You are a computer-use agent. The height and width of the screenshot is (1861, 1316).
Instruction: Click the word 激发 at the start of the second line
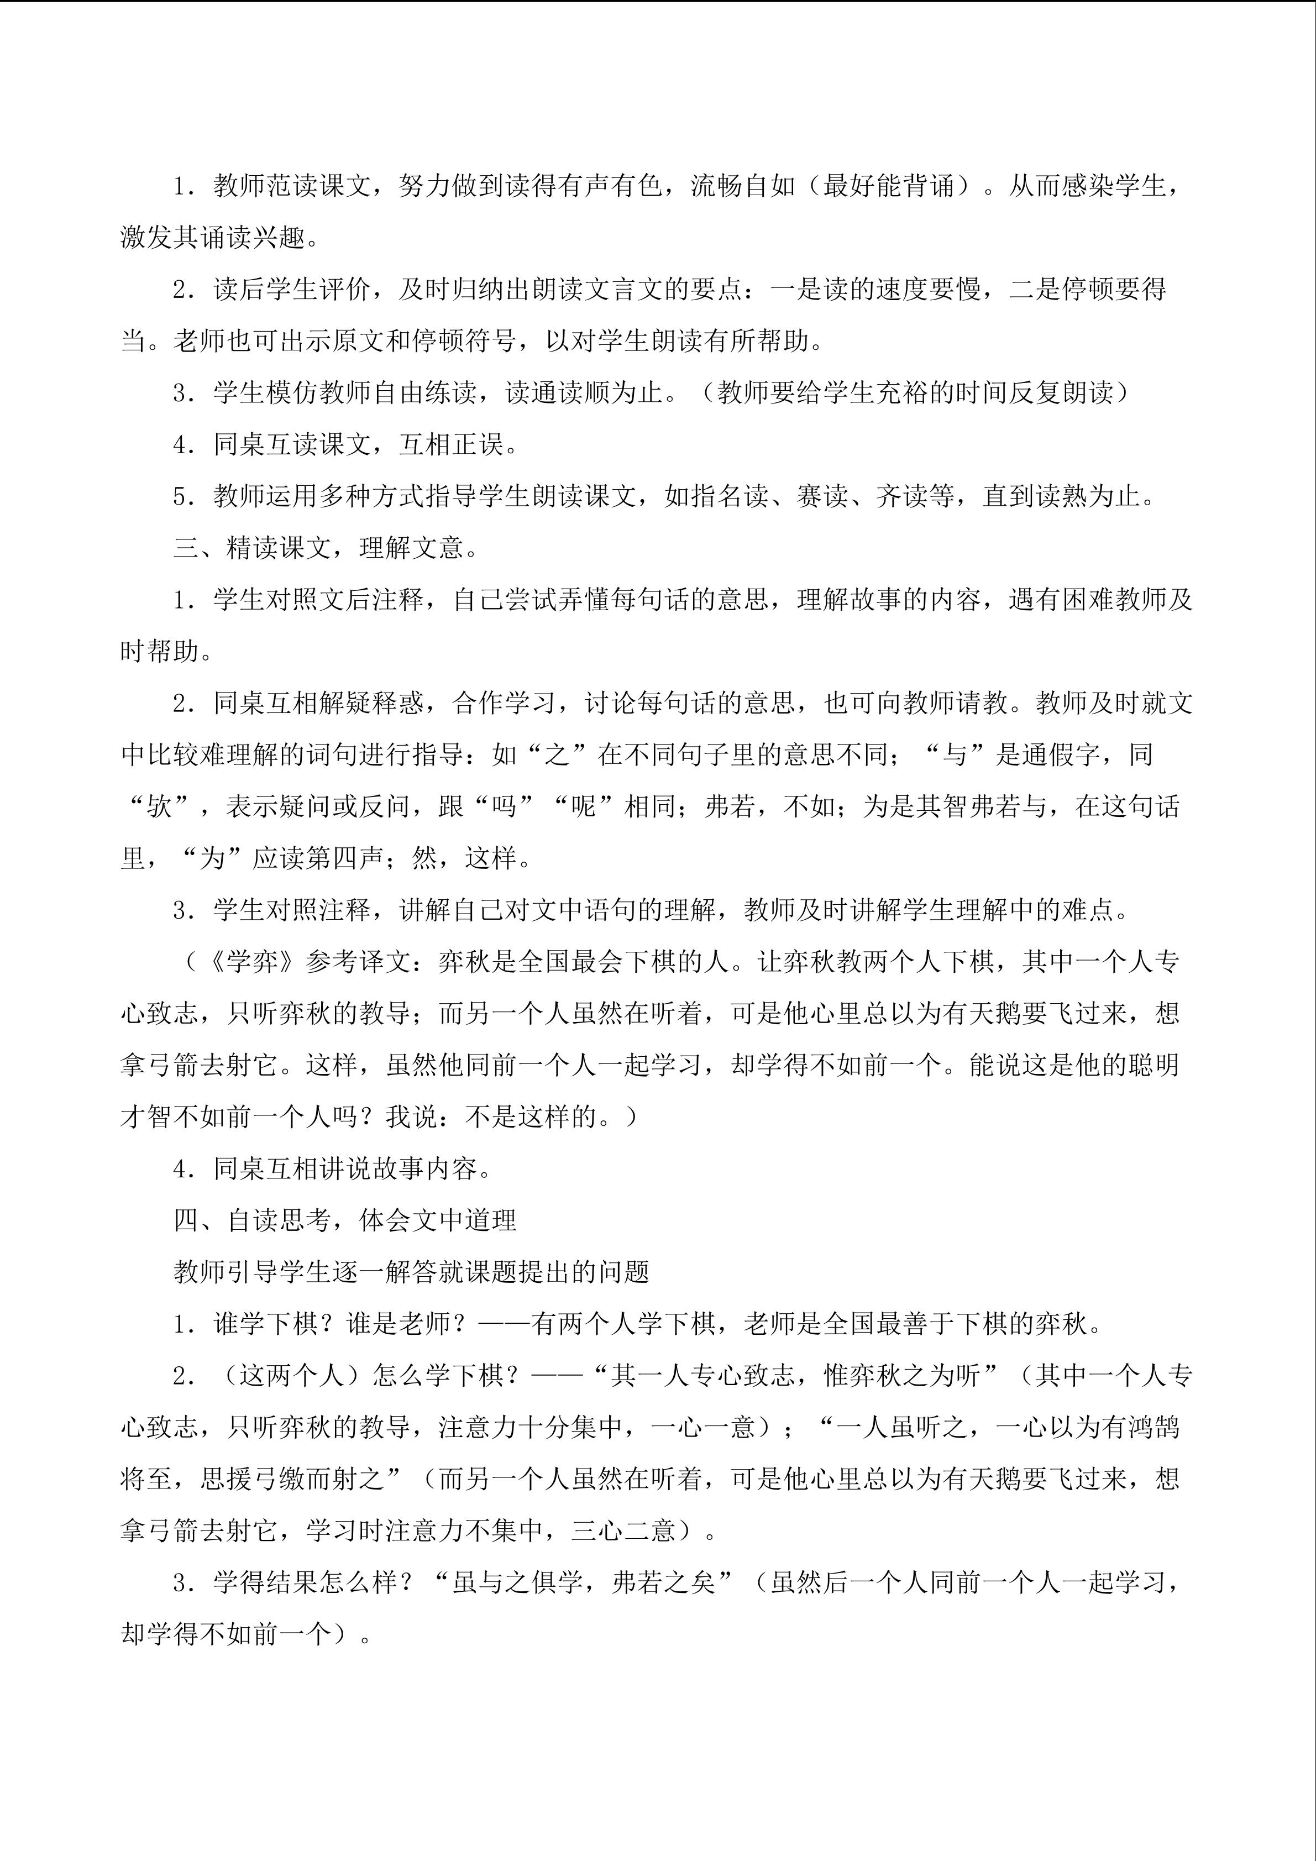click(146, 238)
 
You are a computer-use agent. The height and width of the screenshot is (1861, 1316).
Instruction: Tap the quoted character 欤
click(159, 806)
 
